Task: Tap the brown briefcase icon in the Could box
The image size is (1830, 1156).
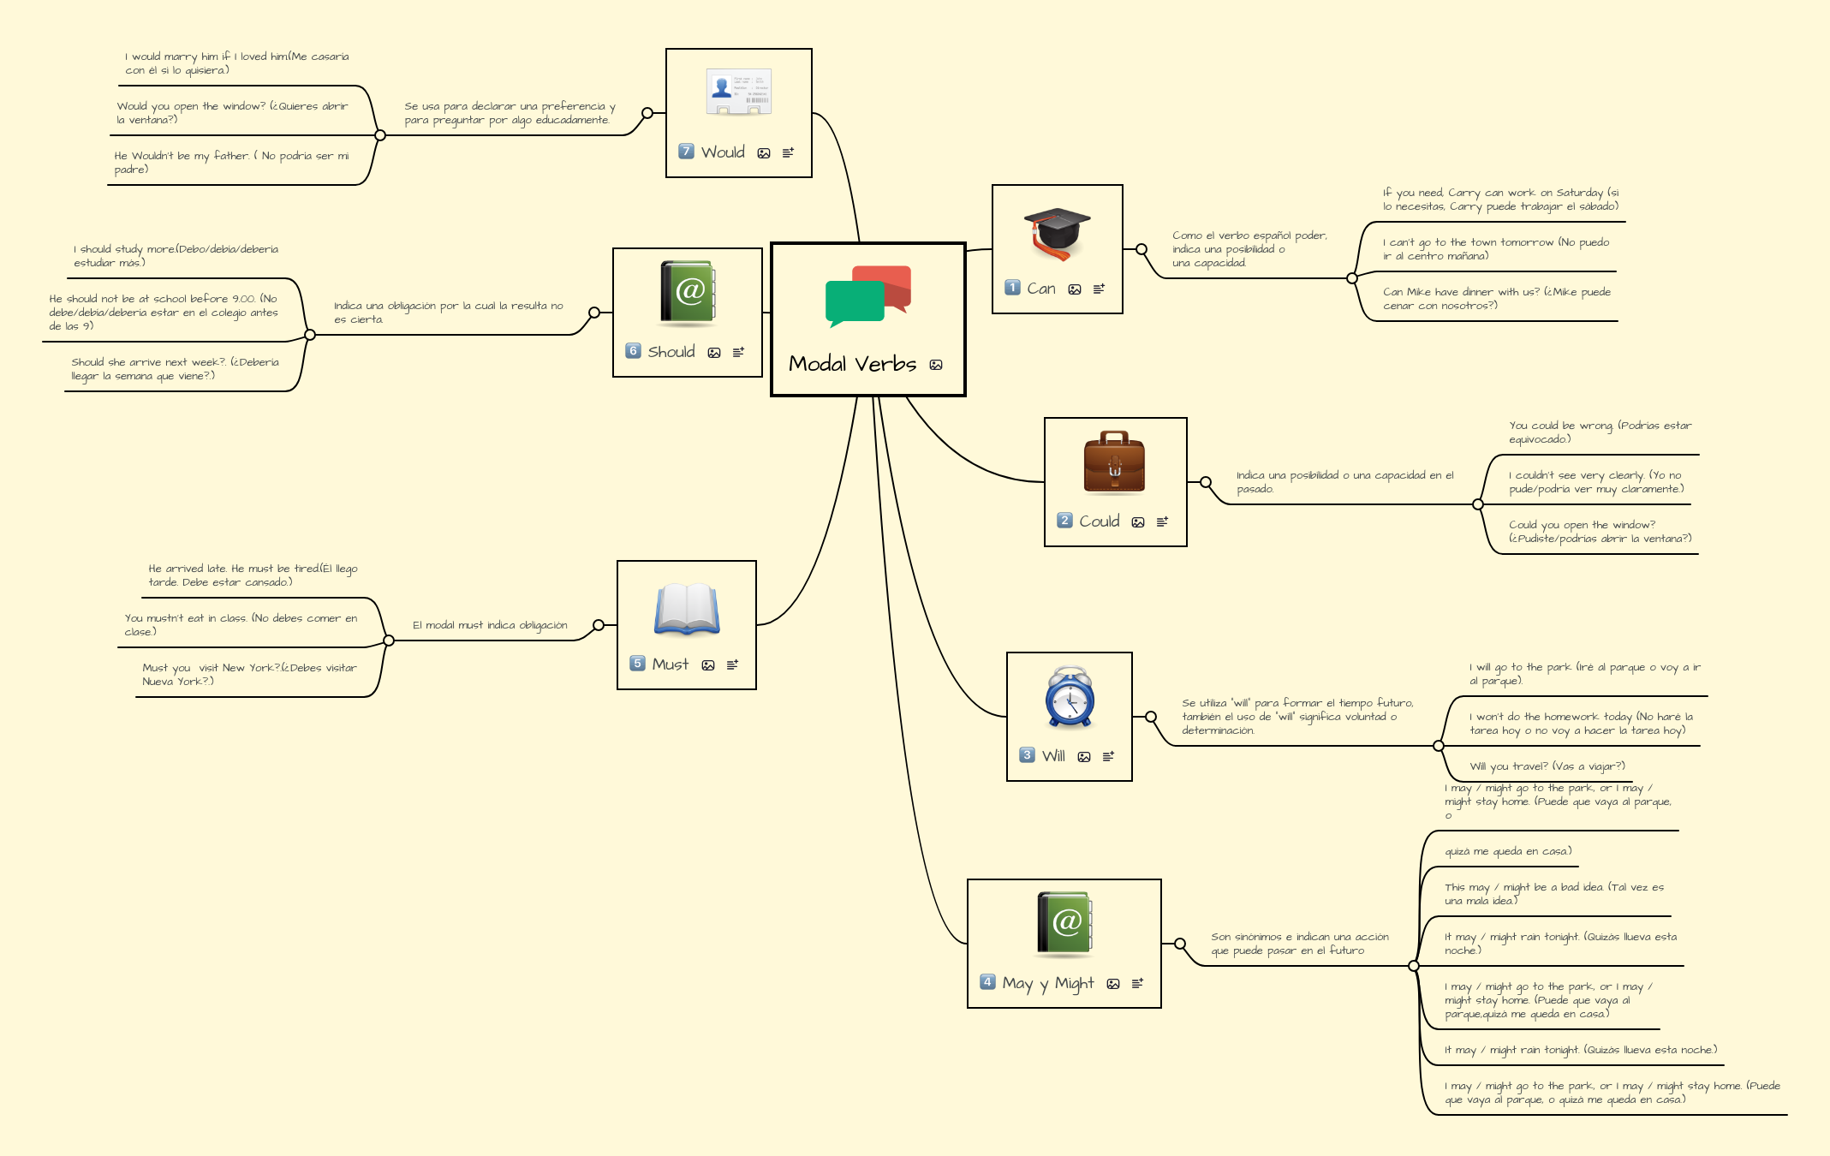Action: click(x=1114, y=463)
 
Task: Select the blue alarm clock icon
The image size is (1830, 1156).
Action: click(x=1070, y=697)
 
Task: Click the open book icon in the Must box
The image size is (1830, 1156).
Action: click(x=687, y=610)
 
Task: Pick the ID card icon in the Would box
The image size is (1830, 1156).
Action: click(x=738, y=92)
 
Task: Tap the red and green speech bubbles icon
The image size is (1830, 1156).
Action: click(x=867, y=296)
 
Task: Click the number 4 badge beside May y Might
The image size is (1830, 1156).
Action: click(x=987, y=982)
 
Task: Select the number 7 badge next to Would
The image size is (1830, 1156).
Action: click(x=686, y=152)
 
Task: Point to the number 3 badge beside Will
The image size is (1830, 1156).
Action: click(x=1027, y=755)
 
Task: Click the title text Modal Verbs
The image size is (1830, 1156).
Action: click(x=852, y=364)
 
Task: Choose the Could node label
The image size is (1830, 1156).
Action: click(x=1099, y=521)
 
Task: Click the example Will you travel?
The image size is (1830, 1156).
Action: click(x=1547, y=766)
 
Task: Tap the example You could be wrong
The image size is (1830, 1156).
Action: click(x=1599, y=432)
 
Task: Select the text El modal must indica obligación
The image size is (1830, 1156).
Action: click(x=490, y=625)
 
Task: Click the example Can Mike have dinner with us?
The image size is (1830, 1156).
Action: click(x=1496, y=299)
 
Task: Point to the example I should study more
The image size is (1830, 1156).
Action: click(x=176, y=256)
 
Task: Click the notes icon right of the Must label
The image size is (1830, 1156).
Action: click(x=732, y=664)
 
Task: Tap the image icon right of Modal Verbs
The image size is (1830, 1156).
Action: click(x=936, y=365)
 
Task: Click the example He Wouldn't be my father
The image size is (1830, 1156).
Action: click(x=231, y=163)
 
